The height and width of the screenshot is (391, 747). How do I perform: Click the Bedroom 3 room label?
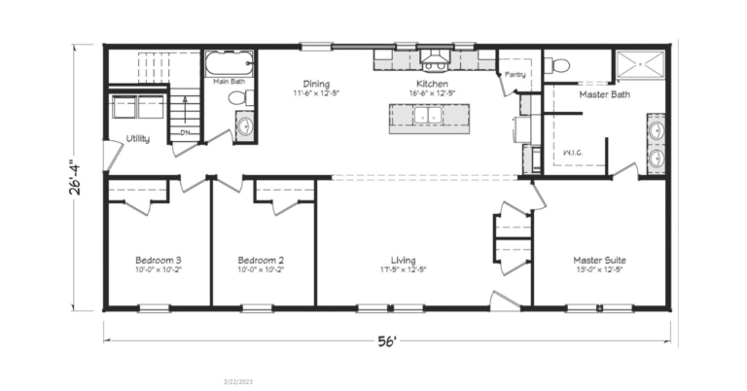[x=158, y=261]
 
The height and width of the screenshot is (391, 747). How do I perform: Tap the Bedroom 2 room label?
[x=261, y=261]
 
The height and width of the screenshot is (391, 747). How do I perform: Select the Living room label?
[x=404, y=261]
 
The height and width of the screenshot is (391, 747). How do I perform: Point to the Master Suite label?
[x=599, y=261]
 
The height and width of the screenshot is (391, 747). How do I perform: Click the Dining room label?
[x=317, y=85]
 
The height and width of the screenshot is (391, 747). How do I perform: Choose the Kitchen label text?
[x=432, y=85]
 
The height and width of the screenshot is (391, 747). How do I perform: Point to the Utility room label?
[x=137, y=138]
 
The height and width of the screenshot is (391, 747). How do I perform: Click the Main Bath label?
[x=230, y=82]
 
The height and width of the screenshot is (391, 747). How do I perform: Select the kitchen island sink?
[x=429, y=117]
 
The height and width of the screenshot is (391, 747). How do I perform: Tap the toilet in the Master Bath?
[x=559, y=65]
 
